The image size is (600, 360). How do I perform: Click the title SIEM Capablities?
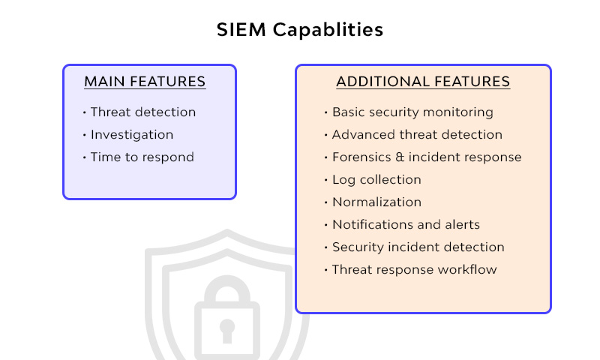300,30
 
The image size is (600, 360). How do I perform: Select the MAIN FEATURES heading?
145,82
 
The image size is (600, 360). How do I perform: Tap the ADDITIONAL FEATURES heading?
423,82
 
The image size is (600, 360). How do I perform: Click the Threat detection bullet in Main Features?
142,112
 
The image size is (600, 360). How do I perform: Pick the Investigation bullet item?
132,135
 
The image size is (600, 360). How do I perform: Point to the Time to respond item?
142,157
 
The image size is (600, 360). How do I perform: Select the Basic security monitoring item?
412,112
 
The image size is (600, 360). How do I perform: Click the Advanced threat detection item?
417,135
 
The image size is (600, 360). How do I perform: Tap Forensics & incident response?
427,157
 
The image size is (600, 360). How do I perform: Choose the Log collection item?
376,180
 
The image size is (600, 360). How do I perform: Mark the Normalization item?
376,202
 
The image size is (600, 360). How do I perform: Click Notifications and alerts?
406,225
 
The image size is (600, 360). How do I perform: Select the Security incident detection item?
418,247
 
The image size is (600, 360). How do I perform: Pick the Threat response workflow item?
414,270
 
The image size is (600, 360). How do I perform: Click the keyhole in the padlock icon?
226,330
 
